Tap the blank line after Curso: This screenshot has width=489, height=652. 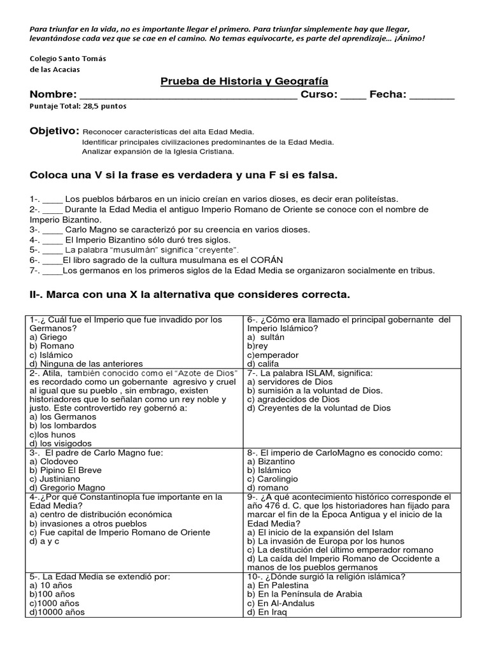(x=353, y=97)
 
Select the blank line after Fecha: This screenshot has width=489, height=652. (x=432, y=97)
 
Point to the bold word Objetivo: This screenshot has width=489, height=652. (x=55, y=131)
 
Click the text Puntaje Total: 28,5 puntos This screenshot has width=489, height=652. (x=78, y=106)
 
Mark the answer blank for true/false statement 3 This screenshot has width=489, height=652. (x=53, y=230)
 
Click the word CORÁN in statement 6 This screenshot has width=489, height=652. (x=268, y=260)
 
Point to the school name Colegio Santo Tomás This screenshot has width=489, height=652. (x=68, y=58)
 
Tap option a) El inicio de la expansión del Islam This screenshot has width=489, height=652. (x=320, y=532)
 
